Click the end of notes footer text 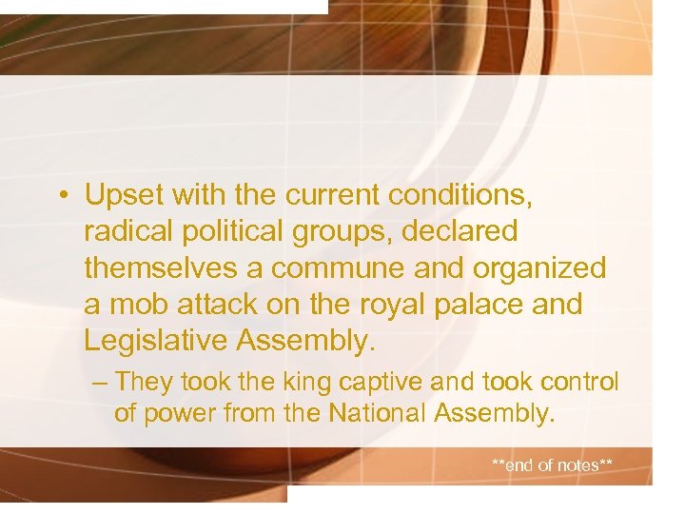pyautogui.click(x=552, y=465)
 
